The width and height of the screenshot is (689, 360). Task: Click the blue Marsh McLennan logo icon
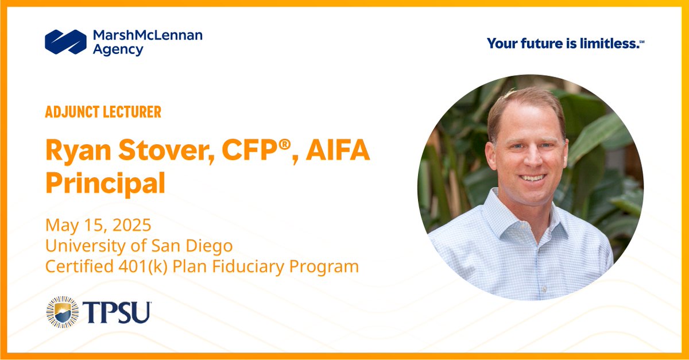65,42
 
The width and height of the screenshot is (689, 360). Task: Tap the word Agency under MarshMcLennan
118,50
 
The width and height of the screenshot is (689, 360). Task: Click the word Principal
106,183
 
